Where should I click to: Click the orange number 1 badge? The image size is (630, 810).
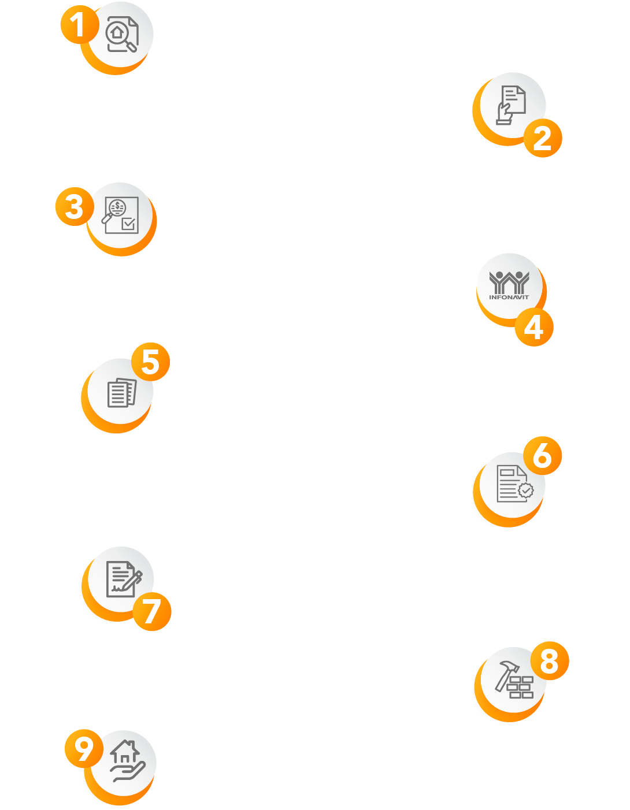click(x=80, y=25)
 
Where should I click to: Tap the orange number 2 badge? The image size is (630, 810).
click(x=543, y=138)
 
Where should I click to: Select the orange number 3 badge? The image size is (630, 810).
click(x=75, y=206)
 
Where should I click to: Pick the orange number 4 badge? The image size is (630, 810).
click(x=534, y=327)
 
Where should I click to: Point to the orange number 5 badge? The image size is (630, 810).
click(x=151, y=362)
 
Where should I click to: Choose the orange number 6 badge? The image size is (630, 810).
click(x=543, y=455)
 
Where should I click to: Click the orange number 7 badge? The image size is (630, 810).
click(x=152, y=611)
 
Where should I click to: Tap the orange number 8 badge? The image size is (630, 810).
click(x=550, y=660)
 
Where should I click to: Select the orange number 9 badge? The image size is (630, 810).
click(x=84, y=748)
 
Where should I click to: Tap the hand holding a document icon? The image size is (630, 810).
click(x=511, y=105)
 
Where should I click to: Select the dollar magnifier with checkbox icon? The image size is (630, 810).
click(x=121, y=215)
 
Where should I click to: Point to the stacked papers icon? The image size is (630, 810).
click(x=121, y=393)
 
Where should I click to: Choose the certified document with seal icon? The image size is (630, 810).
click(x=513, y=484)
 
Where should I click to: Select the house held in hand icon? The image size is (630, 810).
click(x=127, y=761)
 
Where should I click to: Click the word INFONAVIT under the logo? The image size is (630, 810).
click(x=509, y=297)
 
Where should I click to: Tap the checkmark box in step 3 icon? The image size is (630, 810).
click(x=129, y=224)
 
